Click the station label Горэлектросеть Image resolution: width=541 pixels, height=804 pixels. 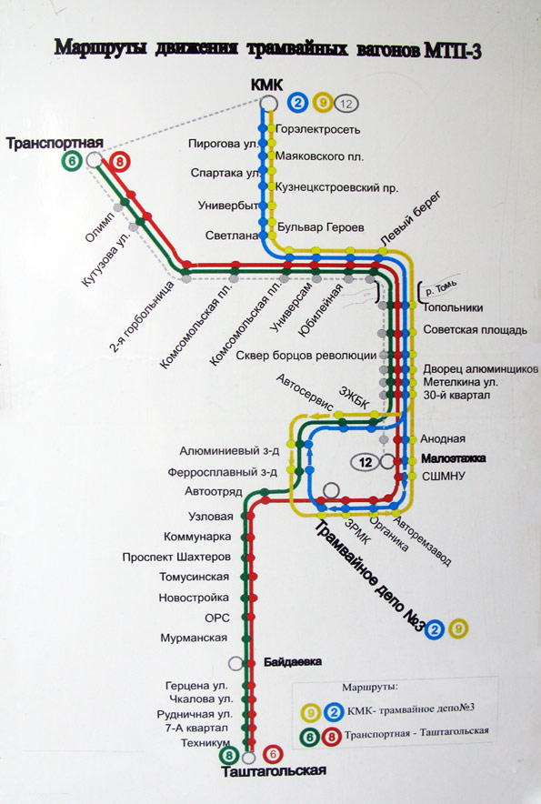click(x=318, y=129)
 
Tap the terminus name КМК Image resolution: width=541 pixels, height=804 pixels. click(x=266, y=85)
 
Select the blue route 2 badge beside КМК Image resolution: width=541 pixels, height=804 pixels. click(x=297, y=103)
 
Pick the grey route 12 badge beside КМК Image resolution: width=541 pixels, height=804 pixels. click(x=346, y=104)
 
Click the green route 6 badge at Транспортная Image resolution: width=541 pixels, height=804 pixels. click(x=72, y=161)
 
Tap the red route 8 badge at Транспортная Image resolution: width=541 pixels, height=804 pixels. click(x=119, y=163)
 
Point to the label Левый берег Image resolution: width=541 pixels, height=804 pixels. click(x=410, y=218)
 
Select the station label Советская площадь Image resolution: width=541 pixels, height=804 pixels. click(x=475, y=330)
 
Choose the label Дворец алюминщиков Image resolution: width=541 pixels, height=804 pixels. click(x=480, y=369)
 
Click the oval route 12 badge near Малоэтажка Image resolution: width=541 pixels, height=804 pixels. click(x=366, y=463)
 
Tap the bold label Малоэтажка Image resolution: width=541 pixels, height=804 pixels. click(x=454, y=457)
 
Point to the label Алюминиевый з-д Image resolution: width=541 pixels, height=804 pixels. click(x=229, y=451)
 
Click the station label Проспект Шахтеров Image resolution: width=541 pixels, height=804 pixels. click(x=176, y=557)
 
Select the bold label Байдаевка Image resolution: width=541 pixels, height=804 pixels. click(x=293, y=662)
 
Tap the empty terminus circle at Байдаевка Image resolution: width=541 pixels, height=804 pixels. click(x=235, y=663)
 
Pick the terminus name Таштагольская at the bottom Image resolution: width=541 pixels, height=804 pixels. click(x=274, y=771)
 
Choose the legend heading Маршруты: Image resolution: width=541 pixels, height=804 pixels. click(x=370, y=687)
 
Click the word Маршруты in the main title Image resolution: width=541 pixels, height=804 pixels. click(x=101, y=47)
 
